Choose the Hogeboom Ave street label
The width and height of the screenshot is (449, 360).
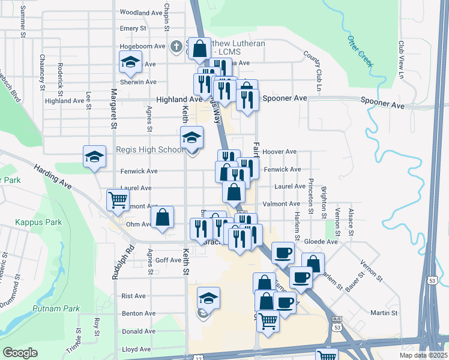[142, 46]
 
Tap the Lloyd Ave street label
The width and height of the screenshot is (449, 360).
[136, 349]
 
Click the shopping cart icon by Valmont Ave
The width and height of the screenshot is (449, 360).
[118, 200]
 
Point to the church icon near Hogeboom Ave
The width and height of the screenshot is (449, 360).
[176, 46]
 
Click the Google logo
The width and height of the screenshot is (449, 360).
[20, 353]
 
